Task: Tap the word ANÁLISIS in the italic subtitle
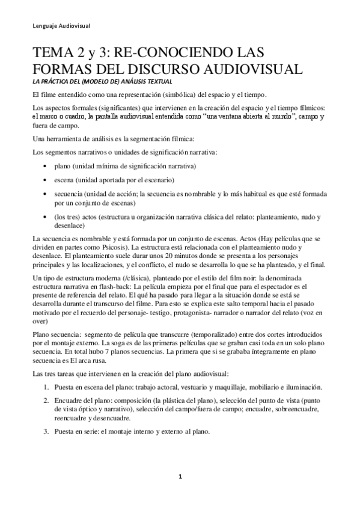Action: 130,81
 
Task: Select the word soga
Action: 121,342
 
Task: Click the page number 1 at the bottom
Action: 180,477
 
